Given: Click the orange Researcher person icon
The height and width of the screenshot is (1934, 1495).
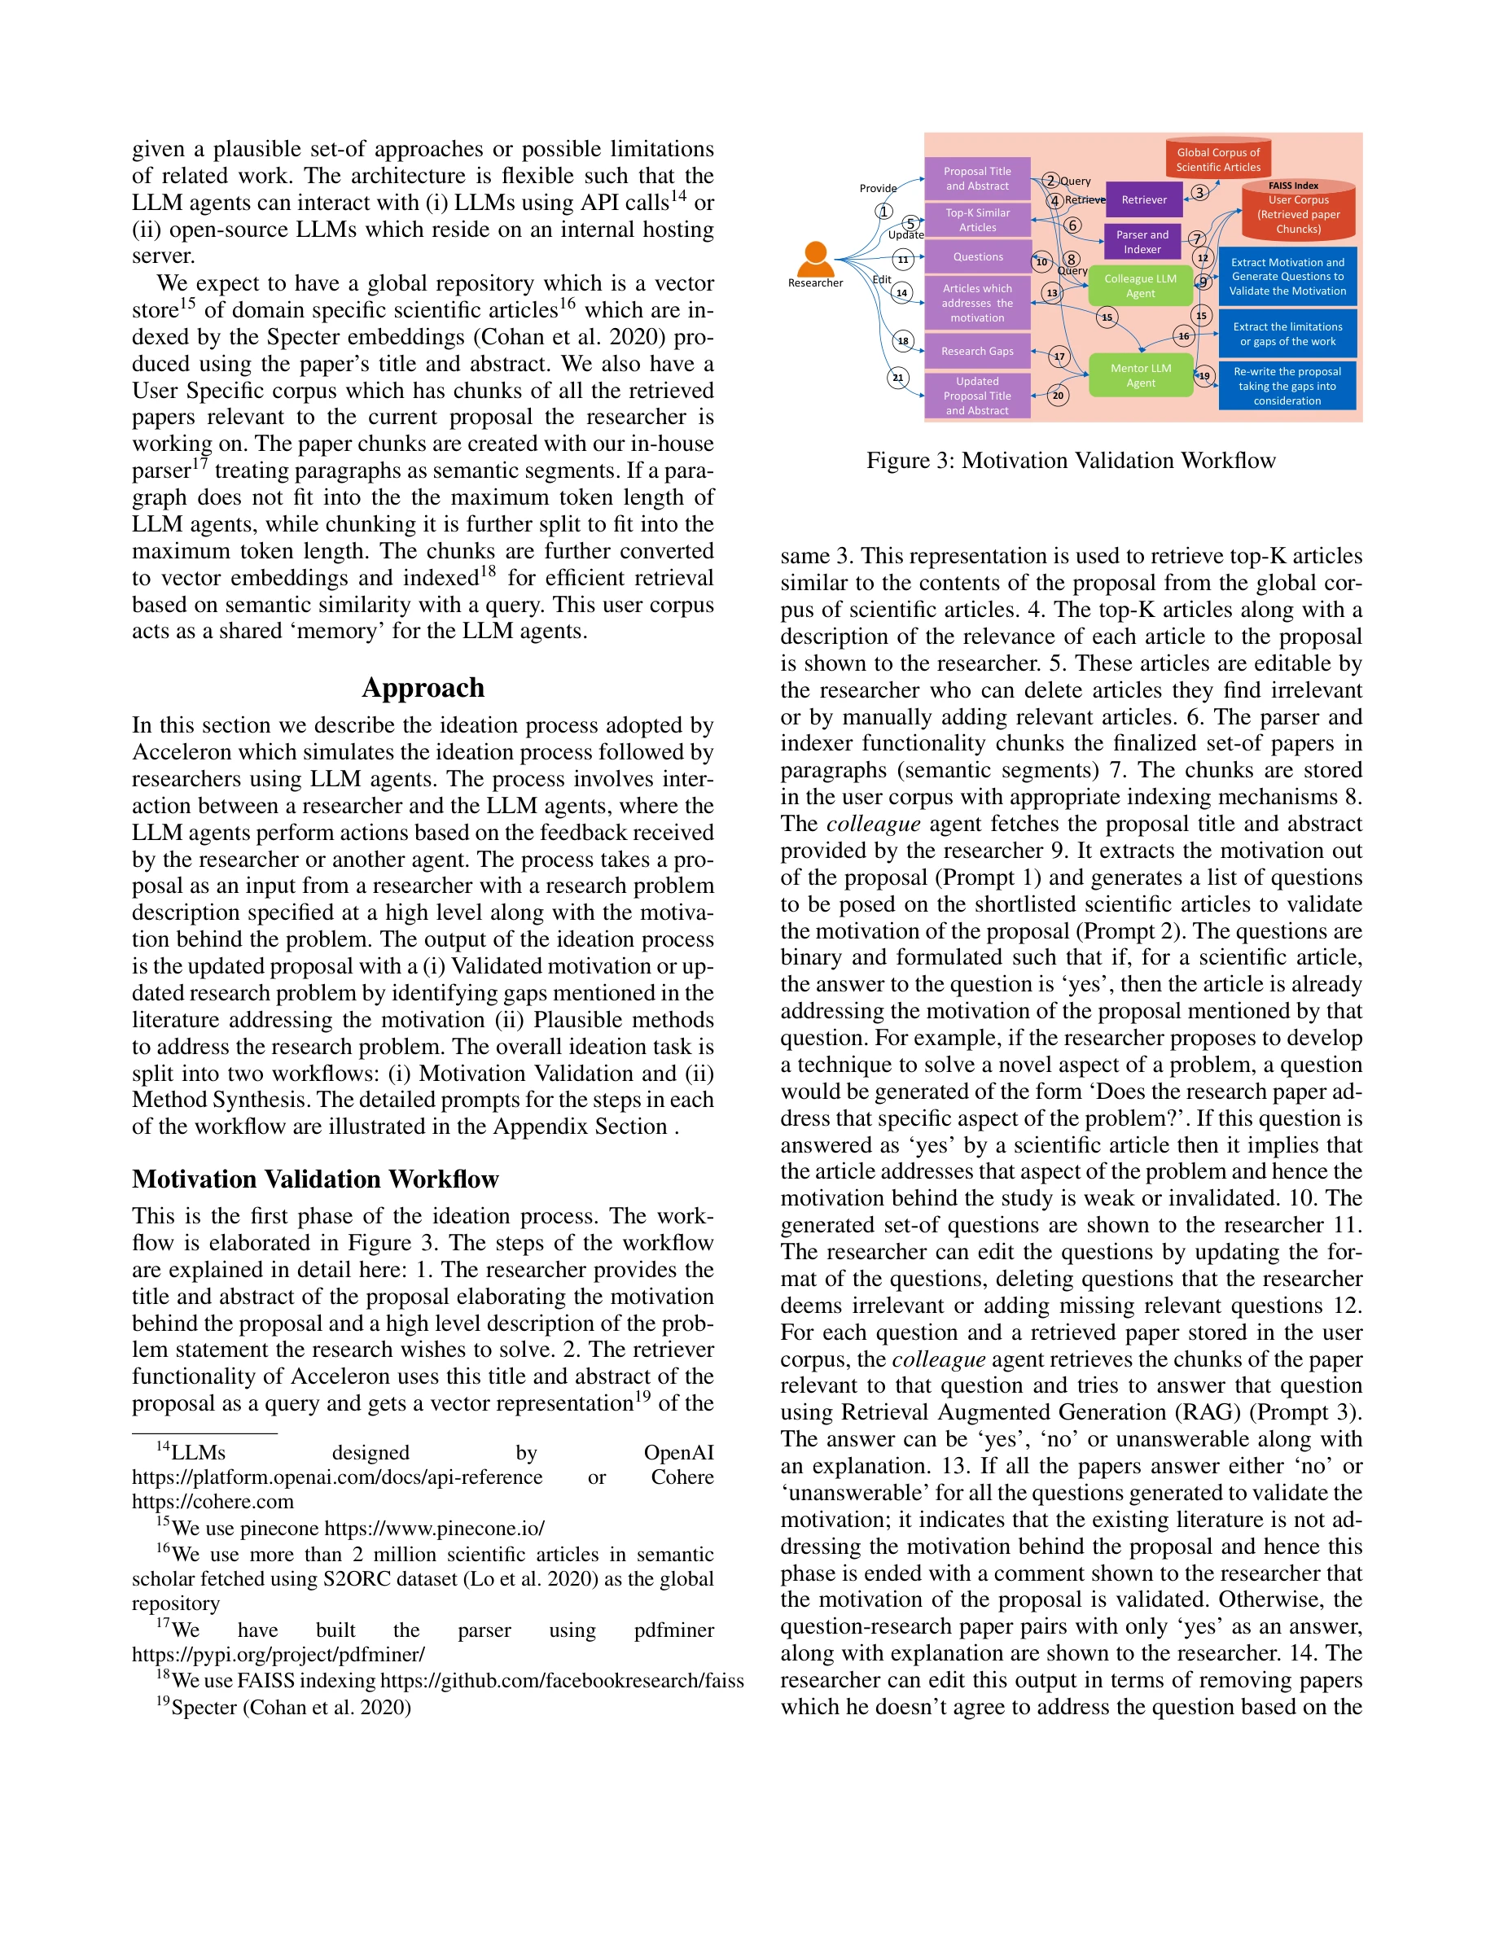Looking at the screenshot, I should coord(815,258).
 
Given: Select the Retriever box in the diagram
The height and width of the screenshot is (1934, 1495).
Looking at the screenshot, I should coord(1143,200).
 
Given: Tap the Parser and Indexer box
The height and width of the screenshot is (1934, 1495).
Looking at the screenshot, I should coord(1142,242).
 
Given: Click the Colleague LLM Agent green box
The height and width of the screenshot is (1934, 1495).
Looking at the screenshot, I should coord(1140,286).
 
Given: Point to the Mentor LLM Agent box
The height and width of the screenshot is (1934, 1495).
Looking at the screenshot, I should coord(1140,375).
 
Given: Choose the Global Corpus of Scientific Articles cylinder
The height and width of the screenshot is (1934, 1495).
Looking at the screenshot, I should coord(1218,160).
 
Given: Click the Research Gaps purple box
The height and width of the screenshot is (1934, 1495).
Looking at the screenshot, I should coord(977,352).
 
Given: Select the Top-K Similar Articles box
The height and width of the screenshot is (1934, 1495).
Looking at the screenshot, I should coord(977,221).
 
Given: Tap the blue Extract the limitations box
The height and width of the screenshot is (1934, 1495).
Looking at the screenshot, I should coord(1287,334).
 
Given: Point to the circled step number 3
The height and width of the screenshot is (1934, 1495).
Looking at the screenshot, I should coord(1199,192).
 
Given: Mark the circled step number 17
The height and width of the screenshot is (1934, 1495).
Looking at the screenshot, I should coord(1059,357).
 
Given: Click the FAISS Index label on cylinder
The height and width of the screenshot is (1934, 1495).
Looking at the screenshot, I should coord(1293,186).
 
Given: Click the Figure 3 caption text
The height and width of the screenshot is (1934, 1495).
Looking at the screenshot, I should coord(1070,461).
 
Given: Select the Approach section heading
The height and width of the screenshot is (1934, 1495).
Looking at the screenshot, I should coord(423,688).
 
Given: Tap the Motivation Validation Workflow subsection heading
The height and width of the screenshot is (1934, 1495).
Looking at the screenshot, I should coord(315,1179).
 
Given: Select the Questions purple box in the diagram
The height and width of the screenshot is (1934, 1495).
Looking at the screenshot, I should coord(977,256).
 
